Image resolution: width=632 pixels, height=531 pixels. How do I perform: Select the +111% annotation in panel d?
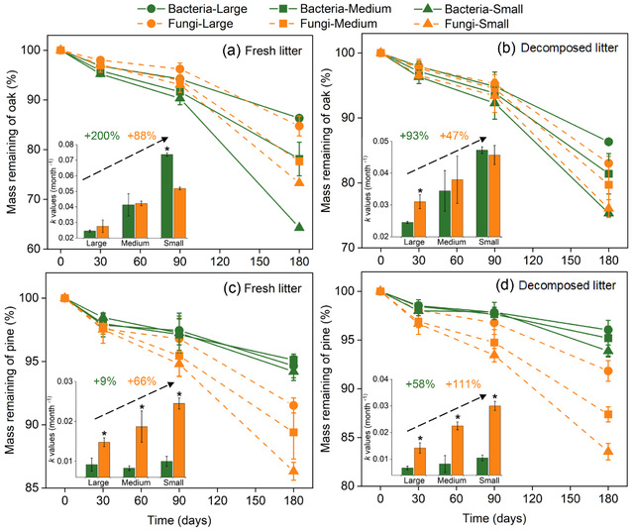click(485, 382)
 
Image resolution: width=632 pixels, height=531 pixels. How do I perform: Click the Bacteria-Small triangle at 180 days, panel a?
click(298, 227)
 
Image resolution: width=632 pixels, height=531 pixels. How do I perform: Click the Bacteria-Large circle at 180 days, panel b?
click(608, 142)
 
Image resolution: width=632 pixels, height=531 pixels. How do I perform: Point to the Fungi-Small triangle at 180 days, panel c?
click(294, 470)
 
